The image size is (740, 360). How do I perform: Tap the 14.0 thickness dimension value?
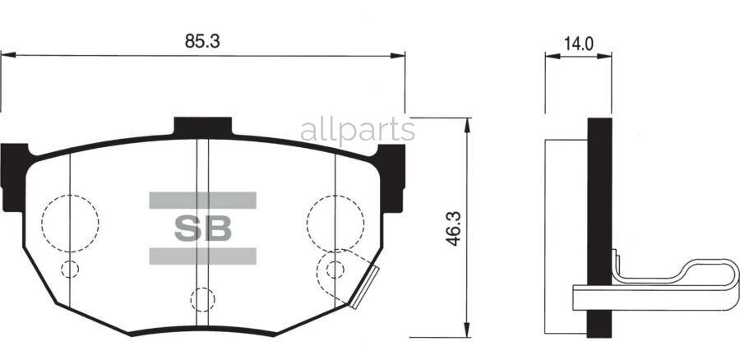[579, 44]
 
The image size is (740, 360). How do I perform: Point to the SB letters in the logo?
[202, 228]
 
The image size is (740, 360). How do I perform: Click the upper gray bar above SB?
[202, 200]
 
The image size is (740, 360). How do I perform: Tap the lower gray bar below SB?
[202, 256]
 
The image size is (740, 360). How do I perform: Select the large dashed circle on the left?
[70, 221]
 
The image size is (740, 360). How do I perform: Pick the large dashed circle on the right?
[335, 221]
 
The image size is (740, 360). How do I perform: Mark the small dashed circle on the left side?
[71, 270]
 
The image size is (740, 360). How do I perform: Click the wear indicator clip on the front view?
[362, 288]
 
